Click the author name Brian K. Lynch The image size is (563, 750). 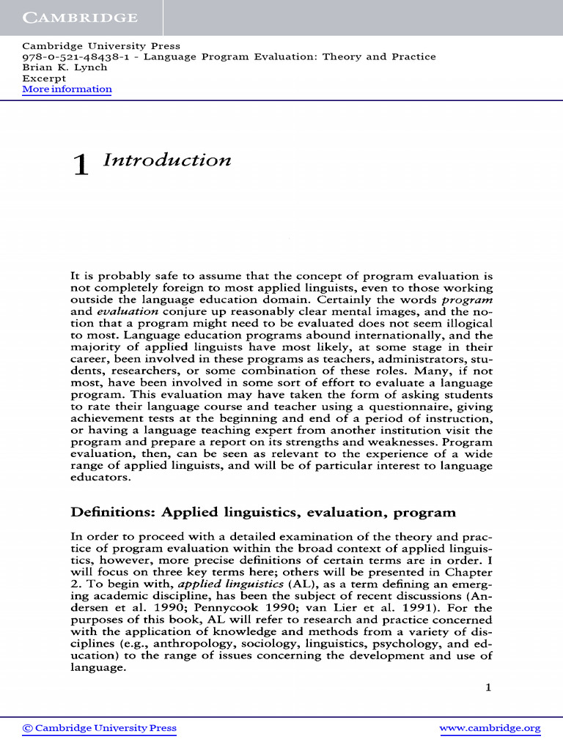(65, 67)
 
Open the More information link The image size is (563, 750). (67, 89)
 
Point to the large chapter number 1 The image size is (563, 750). (80, 166)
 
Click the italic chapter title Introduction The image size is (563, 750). (167, 160)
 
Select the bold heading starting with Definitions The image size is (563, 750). (262, 512)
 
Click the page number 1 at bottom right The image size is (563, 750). (488, 687)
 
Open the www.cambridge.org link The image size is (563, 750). (490, 728)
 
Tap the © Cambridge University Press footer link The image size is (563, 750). (100, 728)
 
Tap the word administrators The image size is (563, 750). (405, 359)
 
